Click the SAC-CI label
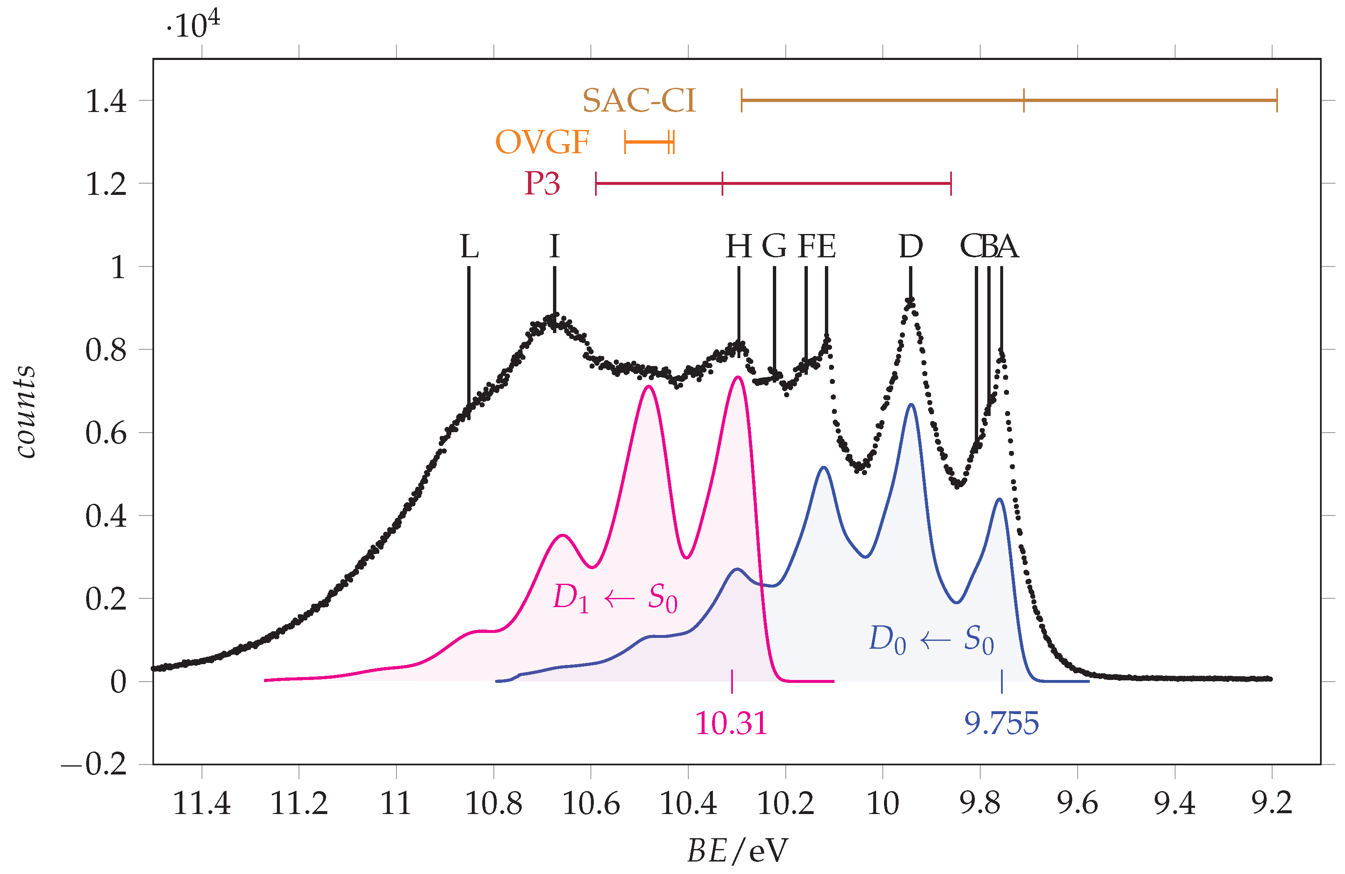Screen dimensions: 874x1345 point(639,101)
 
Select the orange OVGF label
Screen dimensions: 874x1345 point(542,142)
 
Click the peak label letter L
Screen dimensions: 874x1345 point(469,247)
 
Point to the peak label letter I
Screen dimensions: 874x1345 point(554,247)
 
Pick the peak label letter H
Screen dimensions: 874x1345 point(738,247)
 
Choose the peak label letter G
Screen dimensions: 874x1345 point(774,247)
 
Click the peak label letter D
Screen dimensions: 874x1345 point(910,247)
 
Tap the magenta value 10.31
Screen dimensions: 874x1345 point(731,723)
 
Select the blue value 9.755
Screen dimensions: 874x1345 point(1001,723)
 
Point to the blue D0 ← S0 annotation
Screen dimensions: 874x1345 point(931,640)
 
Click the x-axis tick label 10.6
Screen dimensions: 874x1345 point(591,803)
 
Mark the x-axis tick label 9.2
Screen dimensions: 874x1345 point(1272,803)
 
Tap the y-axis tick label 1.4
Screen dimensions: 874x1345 point(106,102)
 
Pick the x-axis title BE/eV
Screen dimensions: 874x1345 point(737,850)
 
